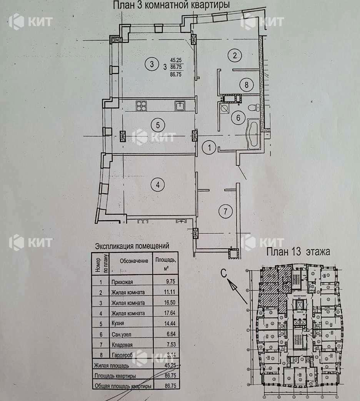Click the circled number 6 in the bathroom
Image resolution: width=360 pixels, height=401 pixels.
[238, 117]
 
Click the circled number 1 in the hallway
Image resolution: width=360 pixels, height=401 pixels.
[209, 147]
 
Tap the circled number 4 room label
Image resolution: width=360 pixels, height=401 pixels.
[158, 185]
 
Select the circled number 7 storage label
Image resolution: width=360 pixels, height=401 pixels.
[225, 211]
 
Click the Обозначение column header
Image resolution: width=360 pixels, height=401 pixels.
[134, 261]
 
